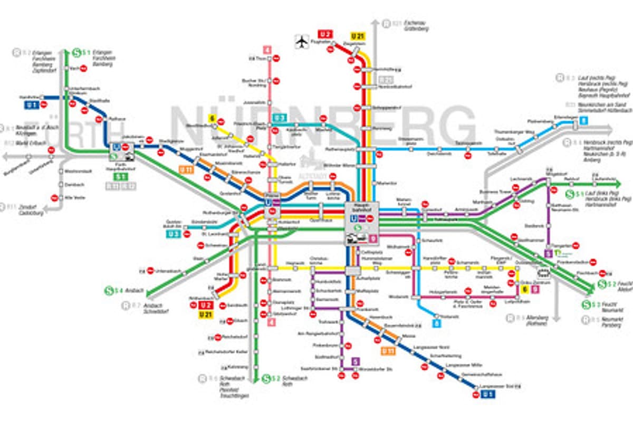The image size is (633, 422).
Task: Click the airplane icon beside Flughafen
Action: point(302,41)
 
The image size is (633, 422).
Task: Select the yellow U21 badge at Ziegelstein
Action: point(358,36)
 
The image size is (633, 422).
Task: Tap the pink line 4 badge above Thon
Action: point(269,50)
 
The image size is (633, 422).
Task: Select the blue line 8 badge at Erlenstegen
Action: point(583,120)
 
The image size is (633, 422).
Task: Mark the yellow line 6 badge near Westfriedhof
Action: point(213,119)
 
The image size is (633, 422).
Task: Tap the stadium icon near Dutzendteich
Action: point(543,273)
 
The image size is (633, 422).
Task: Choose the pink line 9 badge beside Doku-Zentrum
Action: point(535,289)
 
